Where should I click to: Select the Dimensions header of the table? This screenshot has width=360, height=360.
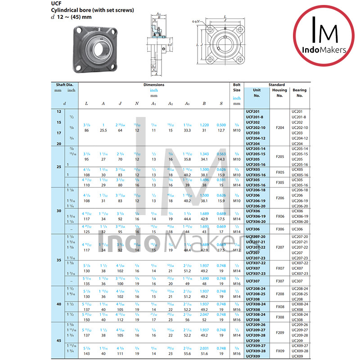[154, 85]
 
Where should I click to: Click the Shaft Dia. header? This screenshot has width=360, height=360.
[64, 85]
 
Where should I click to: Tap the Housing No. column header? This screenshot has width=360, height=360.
[279, 93]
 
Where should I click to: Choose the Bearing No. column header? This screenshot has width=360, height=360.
[299, 93]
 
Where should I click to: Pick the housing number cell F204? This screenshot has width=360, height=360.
[279, 127]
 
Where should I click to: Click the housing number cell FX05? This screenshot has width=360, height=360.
[279, 172]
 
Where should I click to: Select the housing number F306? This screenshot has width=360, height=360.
[279, 229]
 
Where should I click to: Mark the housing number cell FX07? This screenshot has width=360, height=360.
[279, 268]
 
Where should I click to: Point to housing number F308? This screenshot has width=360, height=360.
[279, 317]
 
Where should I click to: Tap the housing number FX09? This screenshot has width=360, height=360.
[279, 351]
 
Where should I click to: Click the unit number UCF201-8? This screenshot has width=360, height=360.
[255, 117]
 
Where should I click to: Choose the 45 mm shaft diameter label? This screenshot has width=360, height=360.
[58, 340]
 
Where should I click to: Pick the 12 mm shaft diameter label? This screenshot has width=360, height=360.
[58, 111]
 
